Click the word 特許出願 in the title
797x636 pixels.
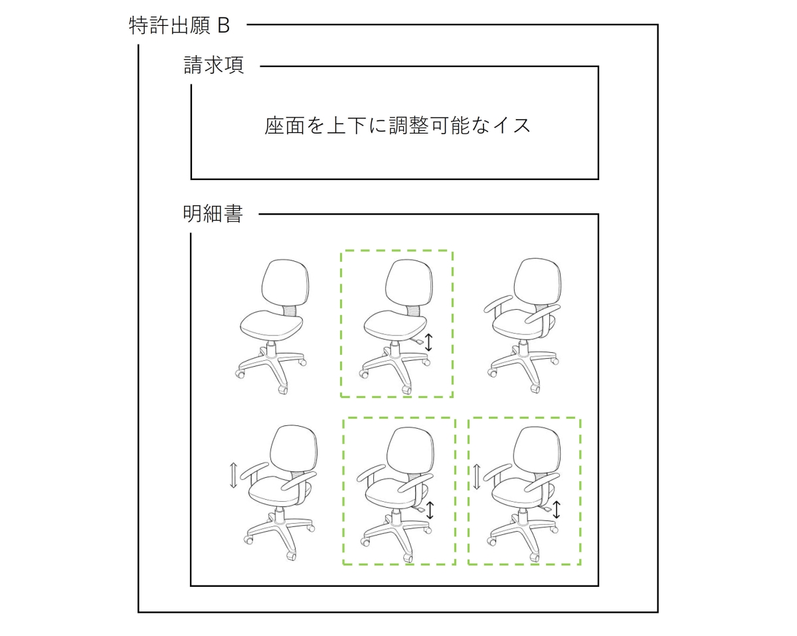(169, 26)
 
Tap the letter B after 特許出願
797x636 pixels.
(223, 26)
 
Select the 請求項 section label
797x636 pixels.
(214, 65)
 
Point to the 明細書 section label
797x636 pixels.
(213, 214)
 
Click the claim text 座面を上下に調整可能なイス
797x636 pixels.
(397, 125)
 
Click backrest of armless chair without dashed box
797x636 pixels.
(285, 282)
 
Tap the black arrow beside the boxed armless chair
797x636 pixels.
(428, 342)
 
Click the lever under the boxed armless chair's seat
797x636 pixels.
(417, 341)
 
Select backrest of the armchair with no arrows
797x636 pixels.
(537, 281)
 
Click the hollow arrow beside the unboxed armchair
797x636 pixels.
(233, 475)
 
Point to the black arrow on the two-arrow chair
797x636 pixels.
(557, 510)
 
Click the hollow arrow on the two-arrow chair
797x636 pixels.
(477, 477)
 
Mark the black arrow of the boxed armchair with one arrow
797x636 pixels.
(430, 510)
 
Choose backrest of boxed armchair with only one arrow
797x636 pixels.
(410, 450)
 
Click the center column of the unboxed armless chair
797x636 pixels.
(272, 351)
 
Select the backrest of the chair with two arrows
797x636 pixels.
(537, 449)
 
